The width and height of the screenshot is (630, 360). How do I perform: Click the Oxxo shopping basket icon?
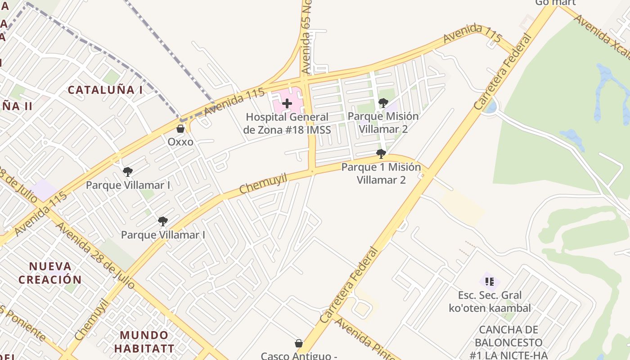[x=180, y=129]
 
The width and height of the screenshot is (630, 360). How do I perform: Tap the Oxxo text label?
[x=180, y=142]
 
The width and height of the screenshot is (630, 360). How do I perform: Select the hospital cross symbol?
[x=287, y=104]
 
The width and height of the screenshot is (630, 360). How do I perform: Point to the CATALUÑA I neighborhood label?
[x=105, y=90]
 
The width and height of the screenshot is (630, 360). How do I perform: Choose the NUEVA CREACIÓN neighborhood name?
[x=50, y=273]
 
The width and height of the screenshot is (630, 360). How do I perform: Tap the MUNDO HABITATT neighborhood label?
[x=144, y=342]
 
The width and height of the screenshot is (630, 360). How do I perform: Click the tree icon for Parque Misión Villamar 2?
[x=383, y=103]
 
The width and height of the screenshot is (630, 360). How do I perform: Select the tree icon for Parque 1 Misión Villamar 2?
[x=381, y=154]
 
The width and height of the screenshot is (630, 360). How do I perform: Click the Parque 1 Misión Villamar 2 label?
[x=381, y=174]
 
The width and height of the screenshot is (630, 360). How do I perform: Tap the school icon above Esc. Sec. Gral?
[x=490, y=282]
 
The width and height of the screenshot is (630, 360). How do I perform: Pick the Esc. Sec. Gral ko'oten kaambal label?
[x=490, y=302]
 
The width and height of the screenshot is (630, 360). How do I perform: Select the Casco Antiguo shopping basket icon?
[x=298, y=343]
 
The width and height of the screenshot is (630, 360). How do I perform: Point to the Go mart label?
[x=555, y=3]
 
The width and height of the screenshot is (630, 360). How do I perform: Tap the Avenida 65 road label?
[x=307, y=40]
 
